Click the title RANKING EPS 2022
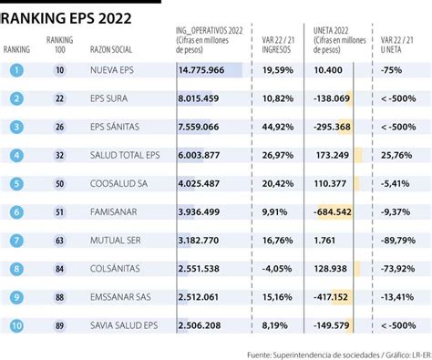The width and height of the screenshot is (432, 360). point(66,18)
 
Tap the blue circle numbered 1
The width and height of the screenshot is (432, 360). point(16,70)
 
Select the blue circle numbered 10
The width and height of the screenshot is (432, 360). point(16,325)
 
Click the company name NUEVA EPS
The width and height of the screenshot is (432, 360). point(112,70)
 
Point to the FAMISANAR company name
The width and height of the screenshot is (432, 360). point(114,212)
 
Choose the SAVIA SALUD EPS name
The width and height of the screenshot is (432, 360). point(124,325)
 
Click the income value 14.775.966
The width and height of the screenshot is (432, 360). point(201,70)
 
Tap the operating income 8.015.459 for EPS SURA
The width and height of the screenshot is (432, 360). point(199,98)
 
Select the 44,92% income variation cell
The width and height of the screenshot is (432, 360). point(278,127)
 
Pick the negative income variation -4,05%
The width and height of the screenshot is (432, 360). point(277,269)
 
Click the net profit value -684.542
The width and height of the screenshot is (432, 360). point(333,212)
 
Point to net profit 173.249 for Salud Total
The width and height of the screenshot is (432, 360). point(333,155)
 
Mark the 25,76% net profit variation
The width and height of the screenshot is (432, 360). point(396,155)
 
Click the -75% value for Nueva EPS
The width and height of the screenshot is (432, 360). point(391,70)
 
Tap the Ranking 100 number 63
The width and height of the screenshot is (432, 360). point(59,241)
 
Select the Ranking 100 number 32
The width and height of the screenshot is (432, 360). point(59,155)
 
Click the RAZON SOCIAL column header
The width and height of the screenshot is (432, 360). point(111,49)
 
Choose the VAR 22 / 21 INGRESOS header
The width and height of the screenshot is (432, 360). point(278,45)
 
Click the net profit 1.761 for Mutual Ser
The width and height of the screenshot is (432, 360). point(324,241)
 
